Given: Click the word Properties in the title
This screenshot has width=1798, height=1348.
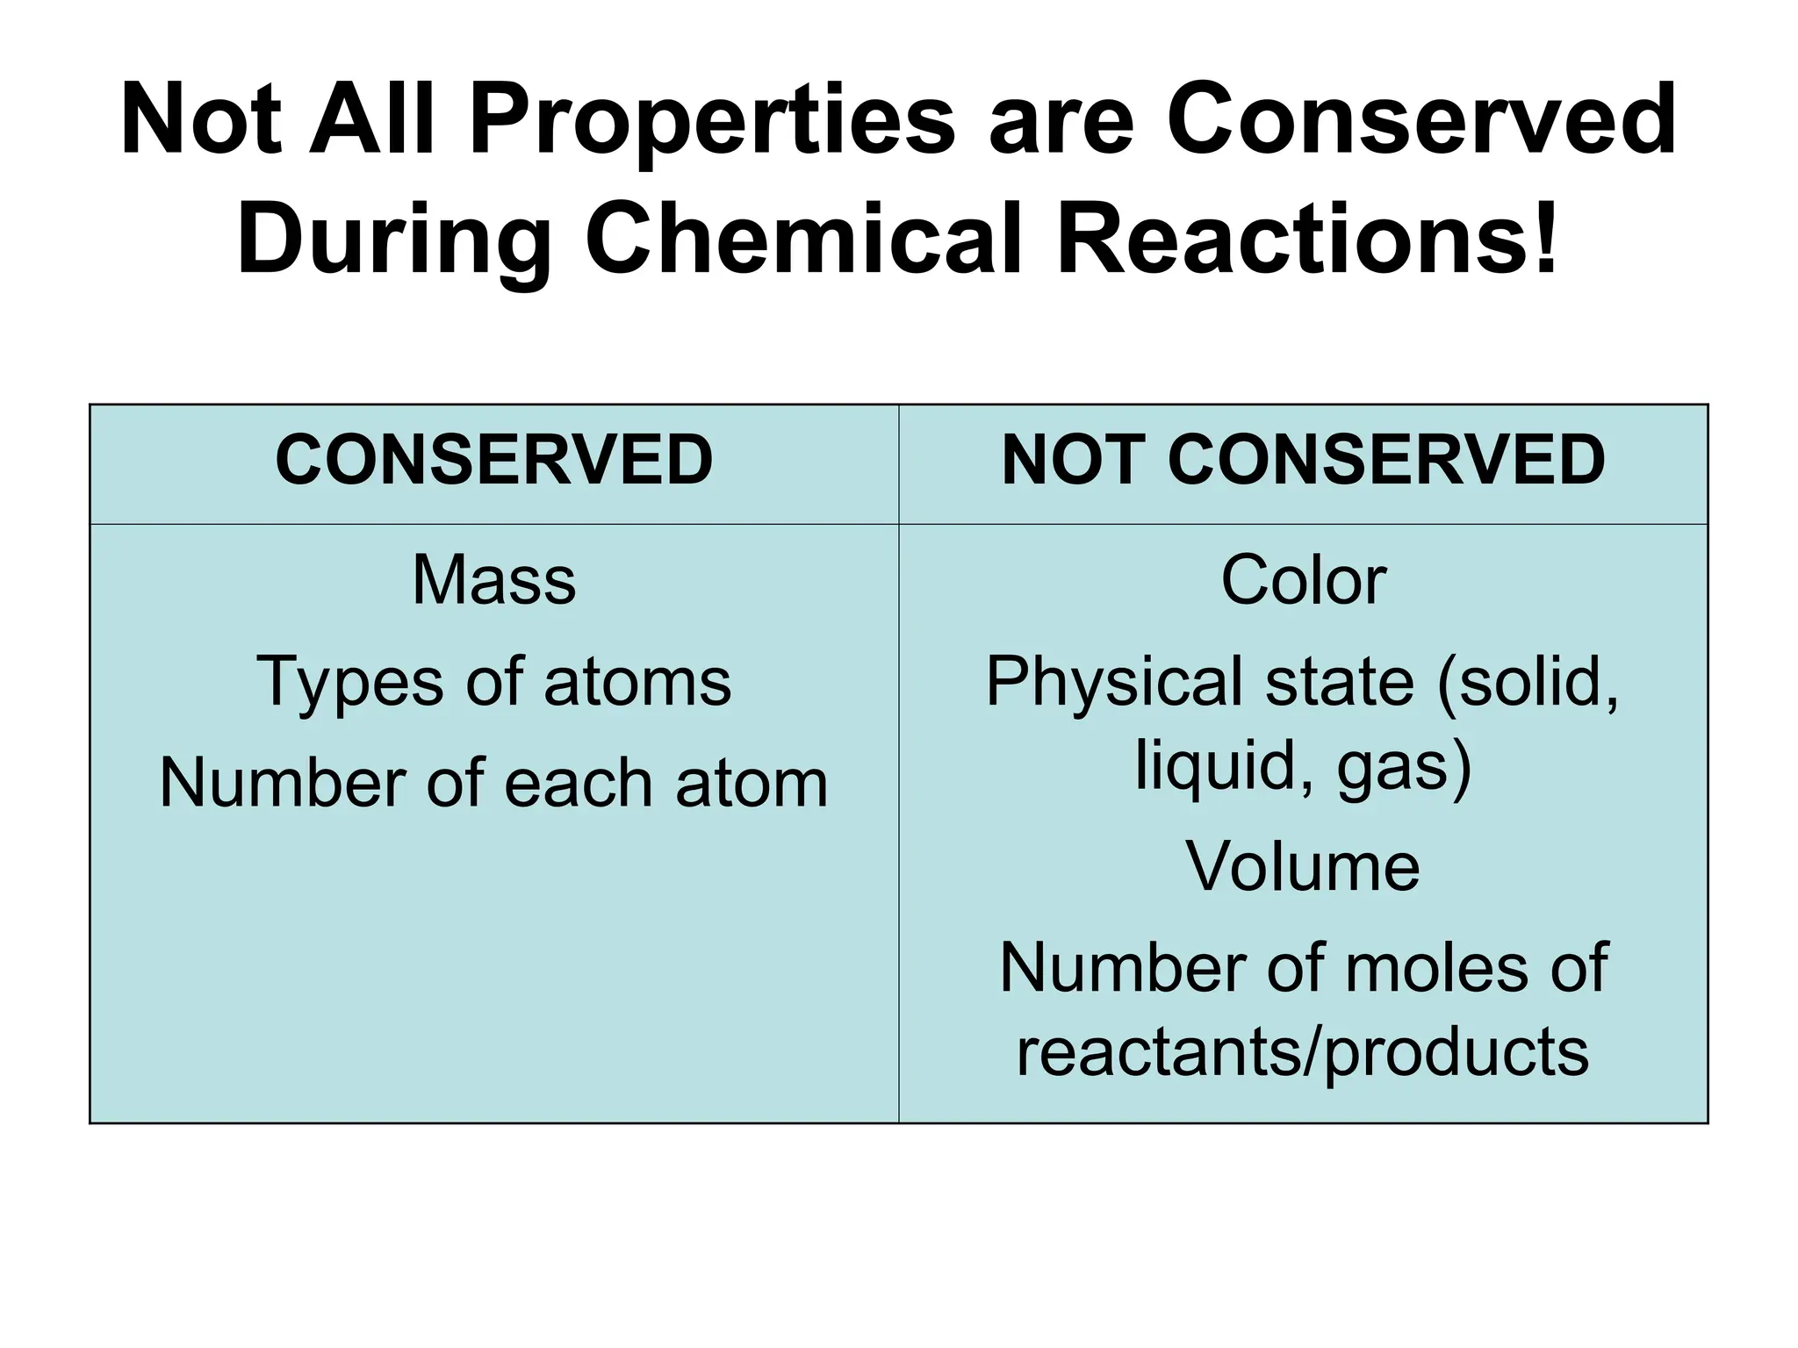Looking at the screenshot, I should [x=712, y=121].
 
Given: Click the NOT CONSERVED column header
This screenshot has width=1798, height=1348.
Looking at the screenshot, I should [x=1303, y=462].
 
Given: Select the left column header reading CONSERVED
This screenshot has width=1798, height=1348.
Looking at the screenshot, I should [x=494, y=462].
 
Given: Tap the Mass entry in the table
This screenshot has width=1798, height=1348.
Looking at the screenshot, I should [x=494, y=581].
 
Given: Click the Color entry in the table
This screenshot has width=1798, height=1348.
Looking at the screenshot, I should [x=1303, y=581].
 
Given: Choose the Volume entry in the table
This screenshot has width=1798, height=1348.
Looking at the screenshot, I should [x=1303, y=867].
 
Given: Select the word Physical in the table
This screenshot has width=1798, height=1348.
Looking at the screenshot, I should [x=1114, y=683].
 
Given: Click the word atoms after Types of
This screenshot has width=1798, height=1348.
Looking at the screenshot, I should [x=637, y=683].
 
